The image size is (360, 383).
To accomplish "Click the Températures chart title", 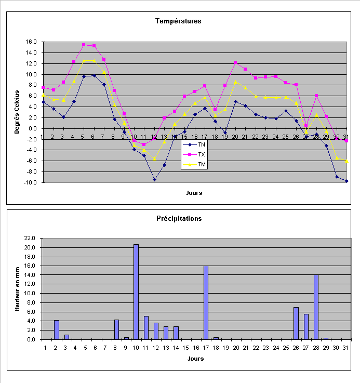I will click(178, 21).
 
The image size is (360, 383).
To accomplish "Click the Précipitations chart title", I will click(178, 218).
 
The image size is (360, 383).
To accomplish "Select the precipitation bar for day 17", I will click(206, 302).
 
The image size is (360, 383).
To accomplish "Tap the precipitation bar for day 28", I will click(316, 307).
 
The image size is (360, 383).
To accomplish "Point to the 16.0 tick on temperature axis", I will click(30, 42).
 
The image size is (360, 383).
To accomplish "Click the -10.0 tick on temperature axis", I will click(29, 182).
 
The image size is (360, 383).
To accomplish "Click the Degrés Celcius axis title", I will click(17, 112).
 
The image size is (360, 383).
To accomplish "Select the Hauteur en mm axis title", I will click(17, 288).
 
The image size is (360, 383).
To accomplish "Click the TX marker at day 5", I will click(84, 45).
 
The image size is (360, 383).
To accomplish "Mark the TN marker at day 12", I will click(154, 179).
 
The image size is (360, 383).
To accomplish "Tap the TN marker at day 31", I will click(346, 181).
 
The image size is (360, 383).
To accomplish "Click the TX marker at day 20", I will click(235, 62).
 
